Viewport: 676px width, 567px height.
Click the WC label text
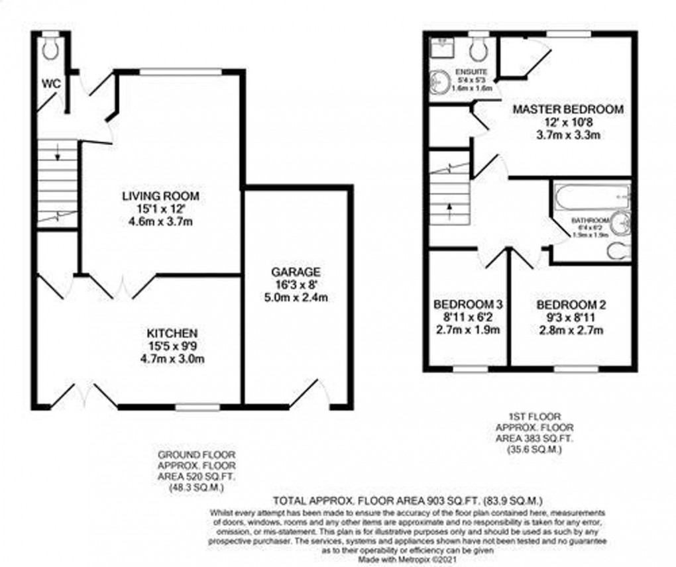point(50,84)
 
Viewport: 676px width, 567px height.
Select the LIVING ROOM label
point(160,196)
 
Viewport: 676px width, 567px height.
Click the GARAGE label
point(296,272)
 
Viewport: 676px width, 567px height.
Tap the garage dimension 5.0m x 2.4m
point(296,297)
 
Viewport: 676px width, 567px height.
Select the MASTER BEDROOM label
point(568,109)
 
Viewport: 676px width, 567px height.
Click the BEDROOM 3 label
point(468,305)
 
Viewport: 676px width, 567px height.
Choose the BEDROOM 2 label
point(571,305)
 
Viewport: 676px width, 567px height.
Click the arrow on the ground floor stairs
point(58,157)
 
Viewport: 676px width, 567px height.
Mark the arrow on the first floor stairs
point(450,207)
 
